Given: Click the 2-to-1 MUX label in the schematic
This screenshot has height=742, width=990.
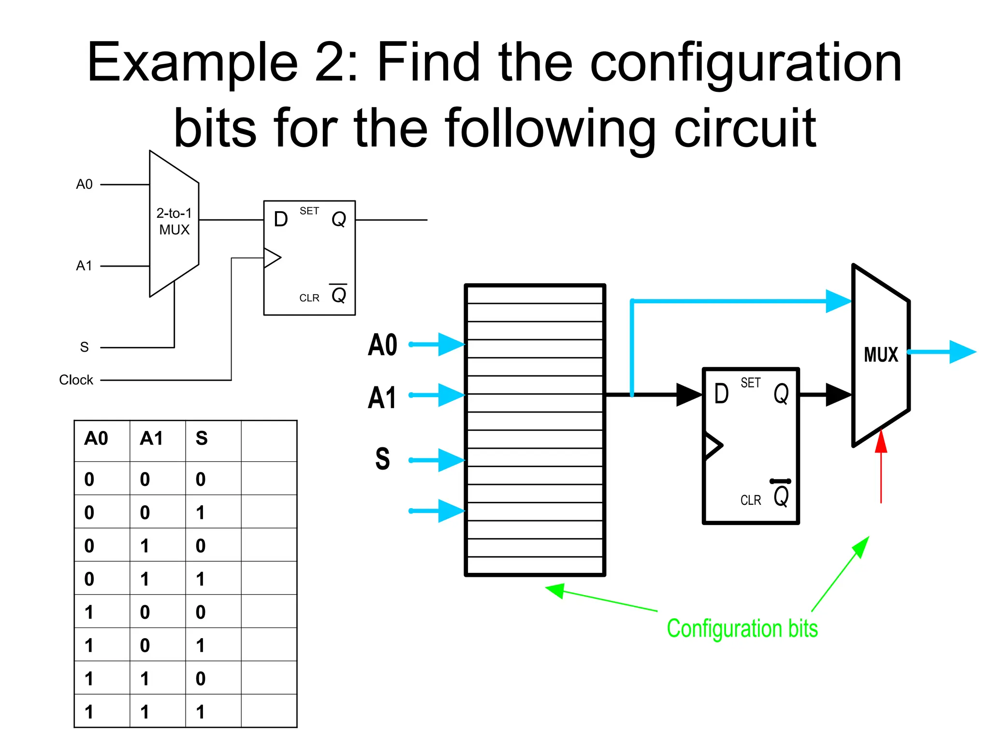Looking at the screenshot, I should tap(174, 221).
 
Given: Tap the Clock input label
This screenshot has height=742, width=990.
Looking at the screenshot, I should tap(76, 380).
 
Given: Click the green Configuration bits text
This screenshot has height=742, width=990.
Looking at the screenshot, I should tap(742, 628).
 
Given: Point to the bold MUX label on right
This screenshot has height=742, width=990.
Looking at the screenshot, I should tap(881, 355).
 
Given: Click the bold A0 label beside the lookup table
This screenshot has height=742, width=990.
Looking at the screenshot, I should tap(382, 345).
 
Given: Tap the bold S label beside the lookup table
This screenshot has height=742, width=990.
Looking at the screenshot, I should tap(382, 459).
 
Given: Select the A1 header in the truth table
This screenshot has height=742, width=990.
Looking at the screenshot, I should tap(151, 439).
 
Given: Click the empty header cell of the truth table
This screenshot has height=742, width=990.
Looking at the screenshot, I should tap(269, 441).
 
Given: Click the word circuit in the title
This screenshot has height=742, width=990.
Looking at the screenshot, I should tap(745, 128).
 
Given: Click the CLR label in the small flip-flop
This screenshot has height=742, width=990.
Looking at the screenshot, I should tap(309, 298).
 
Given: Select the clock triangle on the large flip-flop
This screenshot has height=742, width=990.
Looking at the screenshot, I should tap(713, 445).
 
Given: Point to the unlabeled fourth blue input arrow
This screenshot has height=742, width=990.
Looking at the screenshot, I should tap(437, 511).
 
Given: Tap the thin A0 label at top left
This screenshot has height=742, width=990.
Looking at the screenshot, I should tap(84, 185).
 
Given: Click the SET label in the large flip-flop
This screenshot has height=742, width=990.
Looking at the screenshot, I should tap(750, 383).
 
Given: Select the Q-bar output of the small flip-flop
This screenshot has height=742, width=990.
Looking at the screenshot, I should tap(338, 294).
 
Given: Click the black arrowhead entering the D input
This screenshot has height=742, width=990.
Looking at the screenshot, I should tap(689, 395).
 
